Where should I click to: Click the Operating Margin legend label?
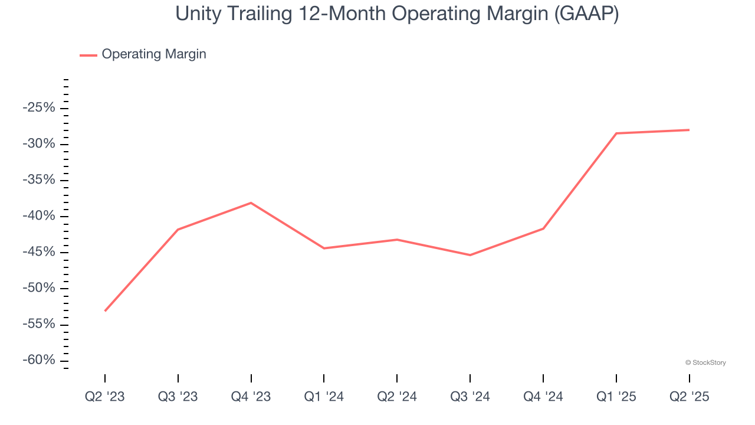(x=154, y=54)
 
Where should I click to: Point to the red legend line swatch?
(x=88, y=55)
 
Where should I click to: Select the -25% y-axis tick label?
(x=39, y=108)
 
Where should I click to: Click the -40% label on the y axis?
(x=39, y=216)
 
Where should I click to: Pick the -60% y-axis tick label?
(x=39, y=360)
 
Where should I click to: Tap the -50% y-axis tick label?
(x=39, y=288)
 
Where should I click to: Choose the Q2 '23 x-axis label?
(x=105, y=397)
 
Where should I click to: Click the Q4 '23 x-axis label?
(x=251, y=397)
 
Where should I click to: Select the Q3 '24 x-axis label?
(x=470, y=397)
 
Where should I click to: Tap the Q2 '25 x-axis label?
(x=689, y=397)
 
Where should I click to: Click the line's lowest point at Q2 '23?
(x=105, y=310)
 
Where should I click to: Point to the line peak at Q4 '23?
(x=251, y=203)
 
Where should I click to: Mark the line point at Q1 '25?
(x=616, y=133)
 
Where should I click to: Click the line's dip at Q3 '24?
(x=470, y=255)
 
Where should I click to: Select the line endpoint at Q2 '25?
(x=689, y=130)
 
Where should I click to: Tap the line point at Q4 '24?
(x=543, y=228)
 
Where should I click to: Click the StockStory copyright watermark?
(x=705, y=362)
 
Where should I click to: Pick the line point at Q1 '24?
(x=324, y=248)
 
